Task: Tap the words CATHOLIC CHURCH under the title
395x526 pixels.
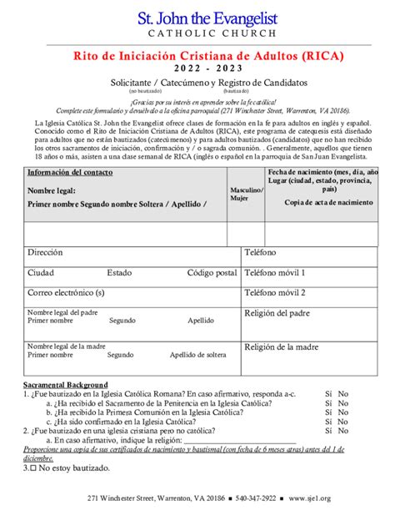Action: click(x=197, y=34)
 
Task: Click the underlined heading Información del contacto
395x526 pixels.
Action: click(x=71, y=173)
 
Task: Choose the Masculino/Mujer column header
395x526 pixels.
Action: click(x=246, y=195)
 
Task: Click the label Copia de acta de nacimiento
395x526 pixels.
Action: click(x=328, y=202)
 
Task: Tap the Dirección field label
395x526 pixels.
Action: click(x=45, y=251)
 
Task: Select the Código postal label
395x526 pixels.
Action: click(x=212, y=272)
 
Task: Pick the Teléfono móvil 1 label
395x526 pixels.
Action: click(x=274, y=272)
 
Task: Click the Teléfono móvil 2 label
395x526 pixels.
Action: click(x=274, y=292)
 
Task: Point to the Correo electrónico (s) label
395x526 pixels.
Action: click(x=66, y=293)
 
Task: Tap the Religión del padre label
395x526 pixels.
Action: click(x=280, y=314)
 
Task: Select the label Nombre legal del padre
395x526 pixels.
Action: click(x=62, y=312)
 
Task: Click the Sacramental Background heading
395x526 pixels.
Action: click(x=65, y=384)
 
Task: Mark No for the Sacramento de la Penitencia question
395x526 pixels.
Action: click(x=343, y=402)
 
